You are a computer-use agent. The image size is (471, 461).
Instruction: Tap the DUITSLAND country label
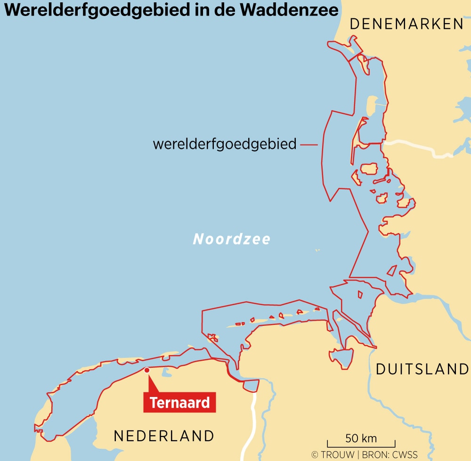click(422, 369)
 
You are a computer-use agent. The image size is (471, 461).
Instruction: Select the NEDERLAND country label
click(164, 436)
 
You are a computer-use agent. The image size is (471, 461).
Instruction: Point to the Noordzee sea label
click(232, 239)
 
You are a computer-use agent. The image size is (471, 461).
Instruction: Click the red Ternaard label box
click(179, 403)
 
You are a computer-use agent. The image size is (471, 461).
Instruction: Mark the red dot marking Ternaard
click(147, 370)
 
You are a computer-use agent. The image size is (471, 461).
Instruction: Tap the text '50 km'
click(361, 438)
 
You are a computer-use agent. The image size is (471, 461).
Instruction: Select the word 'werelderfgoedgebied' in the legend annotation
click(225, 144)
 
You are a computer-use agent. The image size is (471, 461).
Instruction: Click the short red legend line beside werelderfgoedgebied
click(309, 145)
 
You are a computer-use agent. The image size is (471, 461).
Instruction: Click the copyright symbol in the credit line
click(316, 455)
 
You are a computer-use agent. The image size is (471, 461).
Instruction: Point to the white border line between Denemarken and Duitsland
click(419, 146)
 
